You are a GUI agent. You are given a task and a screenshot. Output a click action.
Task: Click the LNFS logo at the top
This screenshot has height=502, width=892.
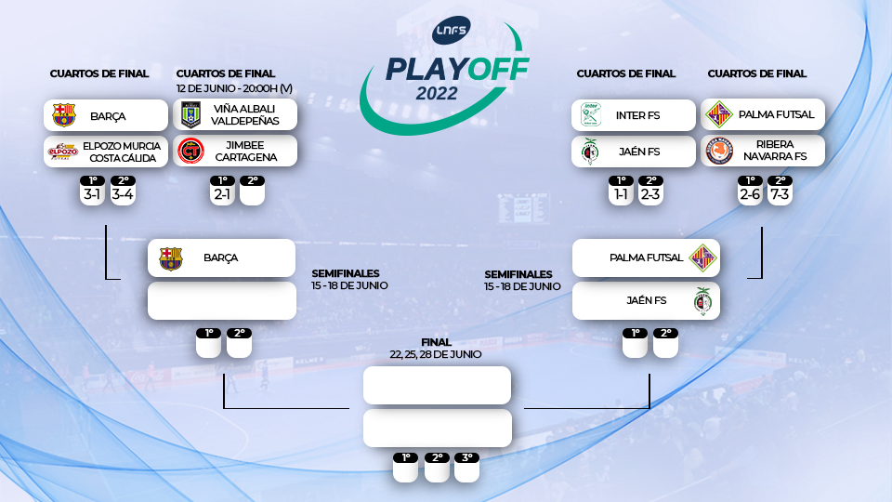[x=453, y=30]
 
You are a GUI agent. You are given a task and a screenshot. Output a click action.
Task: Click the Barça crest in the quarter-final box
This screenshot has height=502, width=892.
[x=63, y=115]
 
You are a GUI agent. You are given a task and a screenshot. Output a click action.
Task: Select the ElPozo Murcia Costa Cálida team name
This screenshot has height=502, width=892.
[x=122, y=152]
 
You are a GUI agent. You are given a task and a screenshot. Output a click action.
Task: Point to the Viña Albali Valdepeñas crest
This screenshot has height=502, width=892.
[x=191, y=115]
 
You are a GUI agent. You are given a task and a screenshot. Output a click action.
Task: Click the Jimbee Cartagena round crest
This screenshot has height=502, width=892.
[x=191, y=151]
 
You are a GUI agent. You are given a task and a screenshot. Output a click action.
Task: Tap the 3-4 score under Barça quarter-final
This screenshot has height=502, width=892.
[x=123, y=194]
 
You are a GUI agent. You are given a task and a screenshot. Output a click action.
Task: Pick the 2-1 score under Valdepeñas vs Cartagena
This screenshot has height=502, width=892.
[x=221, y=194]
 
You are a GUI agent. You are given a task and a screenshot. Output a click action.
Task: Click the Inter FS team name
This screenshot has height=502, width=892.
[x=637, y=115]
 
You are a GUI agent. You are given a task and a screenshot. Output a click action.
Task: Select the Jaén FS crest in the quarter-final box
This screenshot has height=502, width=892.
[x=588, y=152]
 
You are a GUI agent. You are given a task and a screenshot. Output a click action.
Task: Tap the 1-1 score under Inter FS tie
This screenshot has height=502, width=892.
[x=621, y=194]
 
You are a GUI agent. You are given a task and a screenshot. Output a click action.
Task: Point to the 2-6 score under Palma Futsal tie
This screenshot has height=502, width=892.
[x=750, y=194]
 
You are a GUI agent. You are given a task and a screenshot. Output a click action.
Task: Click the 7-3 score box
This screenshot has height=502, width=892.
[x=780, y=194]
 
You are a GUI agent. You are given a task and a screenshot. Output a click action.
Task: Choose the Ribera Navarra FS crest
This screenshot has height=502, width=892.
[x=719, y=151]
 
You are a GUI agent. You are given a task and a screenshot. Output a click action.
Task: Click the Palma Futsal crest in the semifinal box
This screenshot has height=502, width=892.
[x=702, y=258]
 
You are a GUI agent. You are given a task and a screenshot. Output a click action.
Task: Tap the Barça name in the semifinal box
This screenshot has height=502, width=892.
[x=221, y=258]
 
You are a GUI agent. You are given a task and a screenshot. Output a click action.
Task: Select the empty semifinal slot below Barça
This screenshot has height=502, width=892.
[x=221, y=301]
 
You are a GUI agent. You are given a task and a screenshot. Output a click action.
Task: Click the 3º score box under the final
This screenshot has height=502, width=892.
[x=466, y=469]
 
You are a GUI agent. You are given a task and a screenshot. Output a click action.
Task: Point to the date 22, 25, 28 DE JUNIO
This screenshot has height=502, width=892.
[x=436, y=354]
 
